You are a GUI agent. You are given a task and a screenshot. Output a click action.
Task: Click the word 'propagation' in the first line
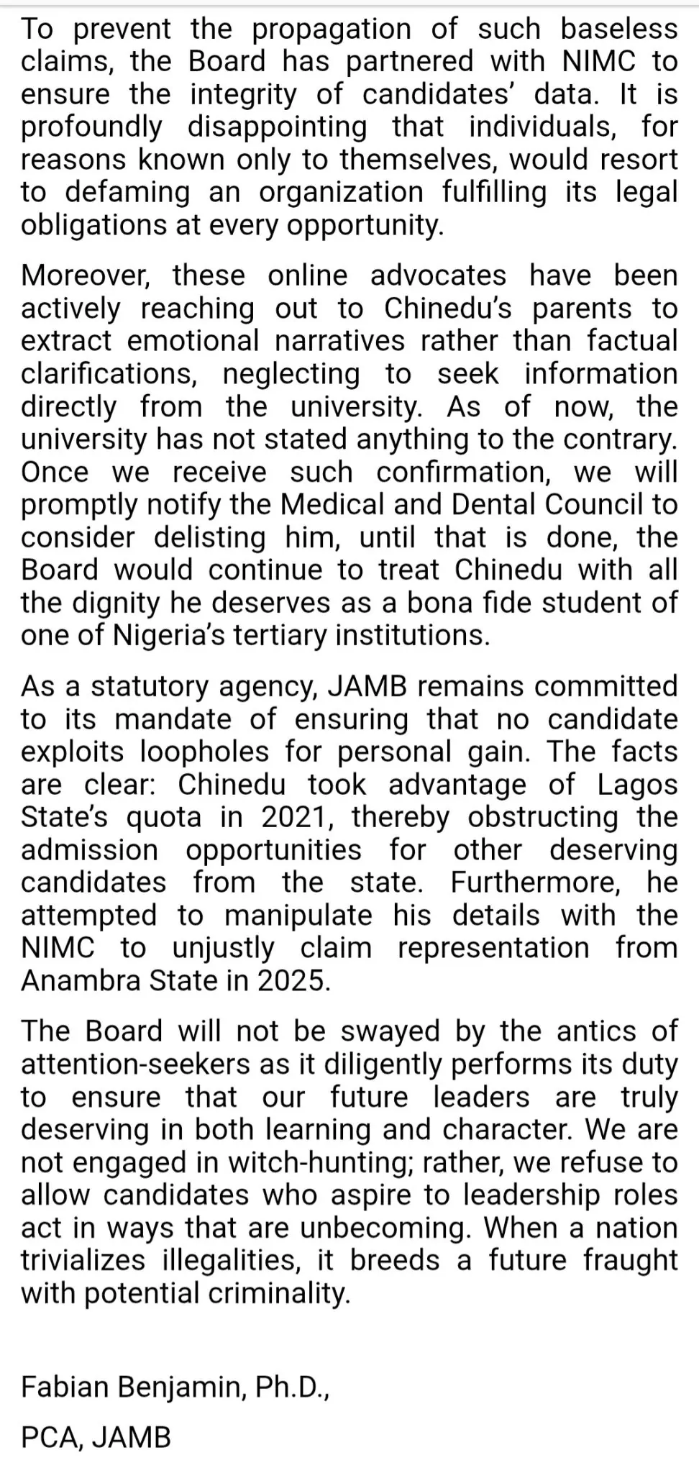pyautogui.click(x=332, y=29)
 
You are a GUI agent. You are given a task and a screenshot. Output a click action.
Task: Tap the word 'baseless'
pyautogui.click(x=619, y=29)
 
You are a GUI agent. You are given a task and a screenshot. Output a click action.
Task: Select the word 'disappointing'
pyautogui.click(x=278, y=127)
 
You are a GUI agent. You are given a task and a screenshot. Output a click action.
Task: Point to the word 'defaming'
pyautogui.click(x=127, y=193)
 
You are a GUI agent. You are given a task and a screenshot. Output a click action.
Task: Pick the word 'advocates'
pyautogui.click(x=439, y=276)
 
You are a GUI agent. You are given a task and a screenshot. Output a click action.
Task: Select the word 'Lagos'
pyautogui.click(x=637, y=785)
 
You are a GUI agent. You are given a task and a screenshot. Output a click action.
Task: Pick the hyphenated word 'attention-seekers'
pyautogui.click(x=136, y=1064)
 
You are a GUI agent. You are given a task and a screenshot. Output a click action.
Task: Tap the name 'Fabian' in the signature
pyautogui.click(x=65, y=1387)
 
